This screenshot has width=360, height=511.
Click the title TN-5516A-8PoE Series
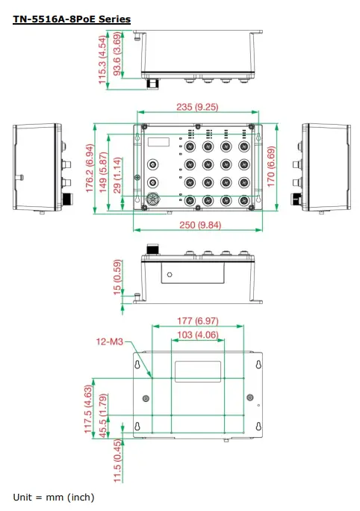tap(72, 18)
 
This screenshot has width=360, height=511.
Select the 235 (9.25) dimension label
tap(196, 107)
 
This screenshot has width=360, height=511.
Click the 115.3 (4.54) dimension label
tap(103, 58)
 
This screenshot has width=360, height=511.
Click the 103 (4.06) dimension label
tap(197, 335)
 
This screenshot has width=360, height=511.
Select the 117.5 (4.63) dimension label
tap(89, 412)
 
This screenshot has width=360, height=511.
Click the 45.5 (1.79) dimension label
tap(103, 424)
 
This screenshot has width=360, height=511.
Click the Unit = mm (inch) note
tap(54, 497)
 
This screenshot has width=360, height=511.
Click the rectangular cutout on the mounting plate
tap(197, 373)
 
